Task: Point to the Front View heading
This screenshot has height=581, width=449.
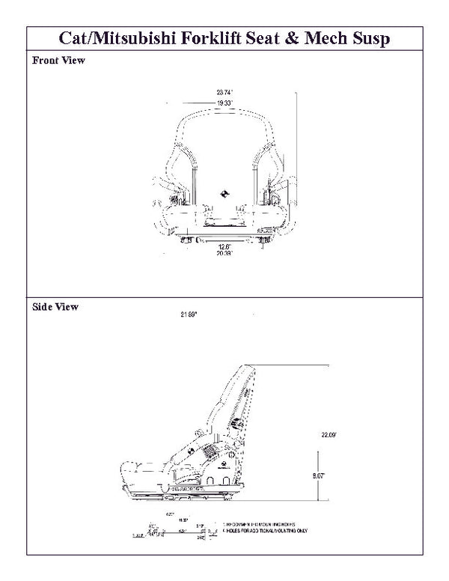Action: click(x=58, y=61)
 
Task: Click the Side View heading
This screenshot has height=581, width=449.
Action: click(x=55, y=307)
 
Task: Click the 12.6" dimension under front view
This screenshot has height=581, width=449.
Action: click(x=224, y=246)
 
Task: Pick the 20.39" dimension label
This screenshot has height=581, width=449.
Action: click(x=224, y=254)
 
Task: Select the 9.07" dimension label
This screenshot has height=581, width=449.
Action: click(x=320, y=474)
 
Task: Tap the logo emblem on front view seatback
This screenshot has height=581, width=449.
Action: click(x=225, y=193)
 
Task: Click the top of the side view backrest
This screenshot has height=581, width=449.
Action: click(x=245, y=368)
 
